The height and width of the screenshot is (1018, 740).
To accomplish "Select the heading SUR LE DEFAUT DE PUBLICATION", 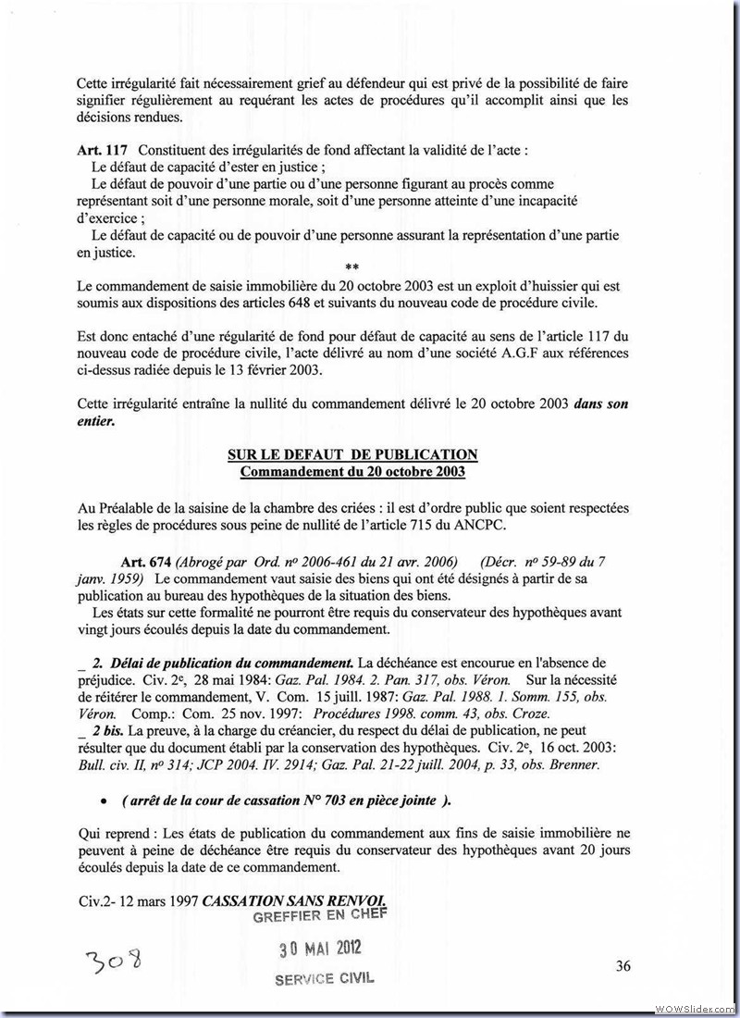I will (352, 454).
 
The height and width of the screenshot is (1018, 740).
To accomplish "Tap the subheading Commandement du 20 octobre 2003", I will (352, 471).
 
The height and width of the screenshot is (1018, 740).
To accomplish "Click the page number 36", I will (623, 965).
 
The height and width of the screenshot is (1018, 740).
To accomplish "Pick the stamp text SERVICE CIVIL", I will (325, 978).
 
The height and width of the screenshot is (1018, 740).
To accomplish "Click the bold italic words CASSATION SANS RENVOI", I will (293, 900).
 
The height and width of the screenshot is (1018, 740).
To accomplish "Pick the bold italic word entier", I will (96, 420).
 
